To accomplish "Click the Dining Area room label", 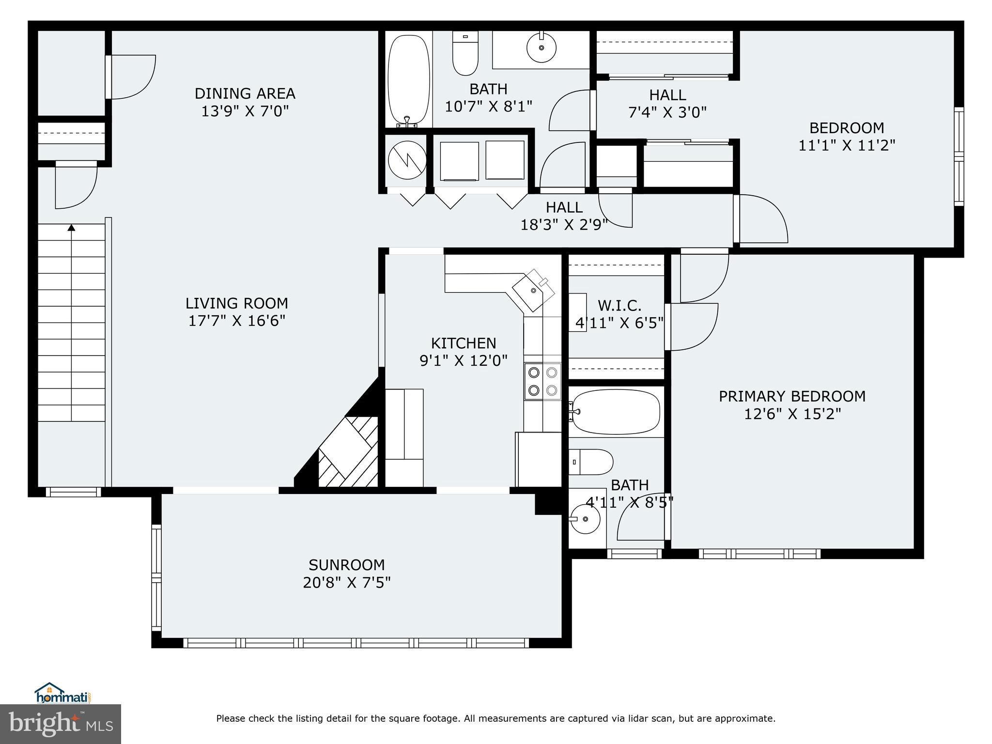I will [245, 93].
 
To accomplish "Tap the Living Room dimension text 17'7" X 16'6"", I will [236, 321].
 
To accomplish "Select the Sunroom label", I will [346, 565].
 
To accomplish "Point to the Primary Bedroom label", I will [792, 396].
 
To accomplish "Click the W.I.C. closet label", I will [620, 305].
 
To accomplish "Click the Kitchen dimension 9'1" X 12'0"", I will [463, 360].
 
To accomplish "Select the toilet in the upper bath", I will [465, 53].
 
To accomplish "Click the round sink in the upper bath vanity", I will [541, 47].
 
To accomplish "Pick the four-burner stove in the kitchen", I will [542, 381].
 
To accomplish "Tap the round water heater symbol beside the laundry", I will [407, 160].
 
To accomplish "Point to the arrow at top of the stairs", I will [72, 227].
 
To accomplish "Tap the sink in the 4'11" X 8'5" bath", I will [585, 519].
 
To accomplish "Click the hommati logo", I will [62, 694].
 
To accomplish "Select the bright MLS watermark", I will [61, 724].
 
